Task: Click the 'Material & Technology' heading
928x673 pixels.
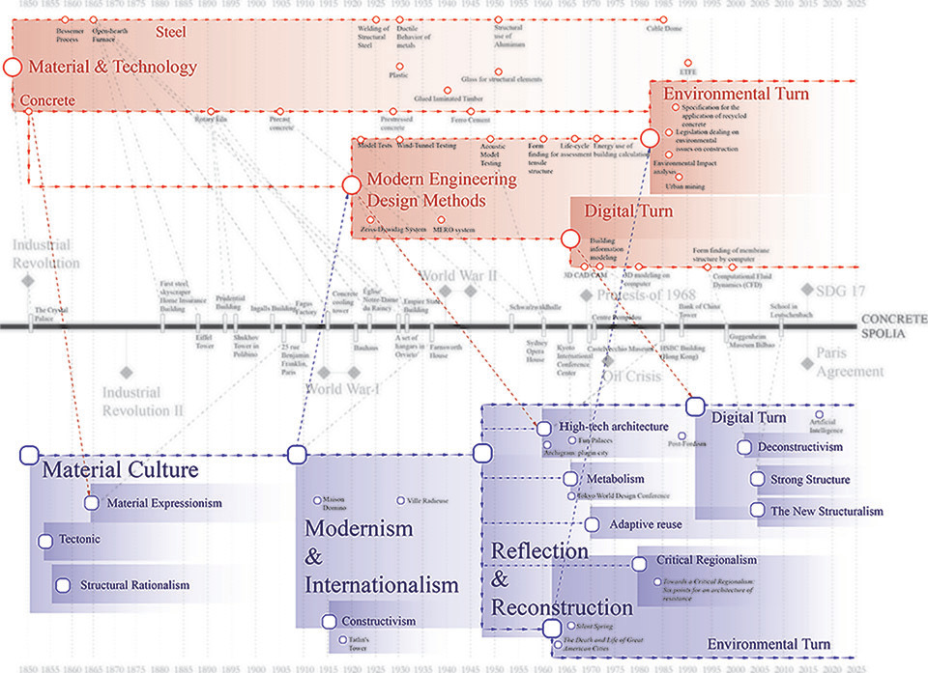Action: pyautogui.click(x=112, y=68)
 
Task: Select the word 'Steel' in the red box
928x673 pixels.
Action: pyautogui.click(x=170, y=33)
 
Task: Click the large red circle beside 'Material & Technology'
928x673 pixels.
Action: pyautogui.click(x=13, y=68)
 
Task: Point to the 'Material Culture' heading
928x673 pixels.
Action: pyautogui.click(x=119, y=471)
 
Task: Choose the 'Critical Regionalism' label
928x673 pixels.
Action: pyautogui.click(x=706, y=560)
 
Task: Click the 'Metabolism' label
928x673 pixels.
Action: pyautogui.click(x=615, y=479)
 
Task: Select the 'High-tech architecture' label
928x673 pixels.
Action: pyautogui.click(x=613, y=427)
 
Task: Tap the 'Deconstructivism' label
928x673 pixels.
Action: pyautogui.click(x=799, y=447)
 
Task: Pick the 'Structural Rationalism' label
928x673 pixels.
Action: pyautogui.click(x=134, y=585)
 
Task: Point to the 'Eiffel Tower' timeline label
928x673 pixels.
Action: pyautogui.click(x=203, y=342)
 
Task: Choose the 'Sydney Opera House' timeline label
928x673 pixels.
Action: pyautogui.click(x=536, y=348)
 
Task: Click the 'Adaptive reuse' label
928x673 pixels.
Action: pyautogui.click(x=646, y=525)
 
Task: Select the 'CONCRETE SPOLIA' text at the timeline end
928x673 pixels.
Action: pyautogui.click(x=893, y=325)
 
